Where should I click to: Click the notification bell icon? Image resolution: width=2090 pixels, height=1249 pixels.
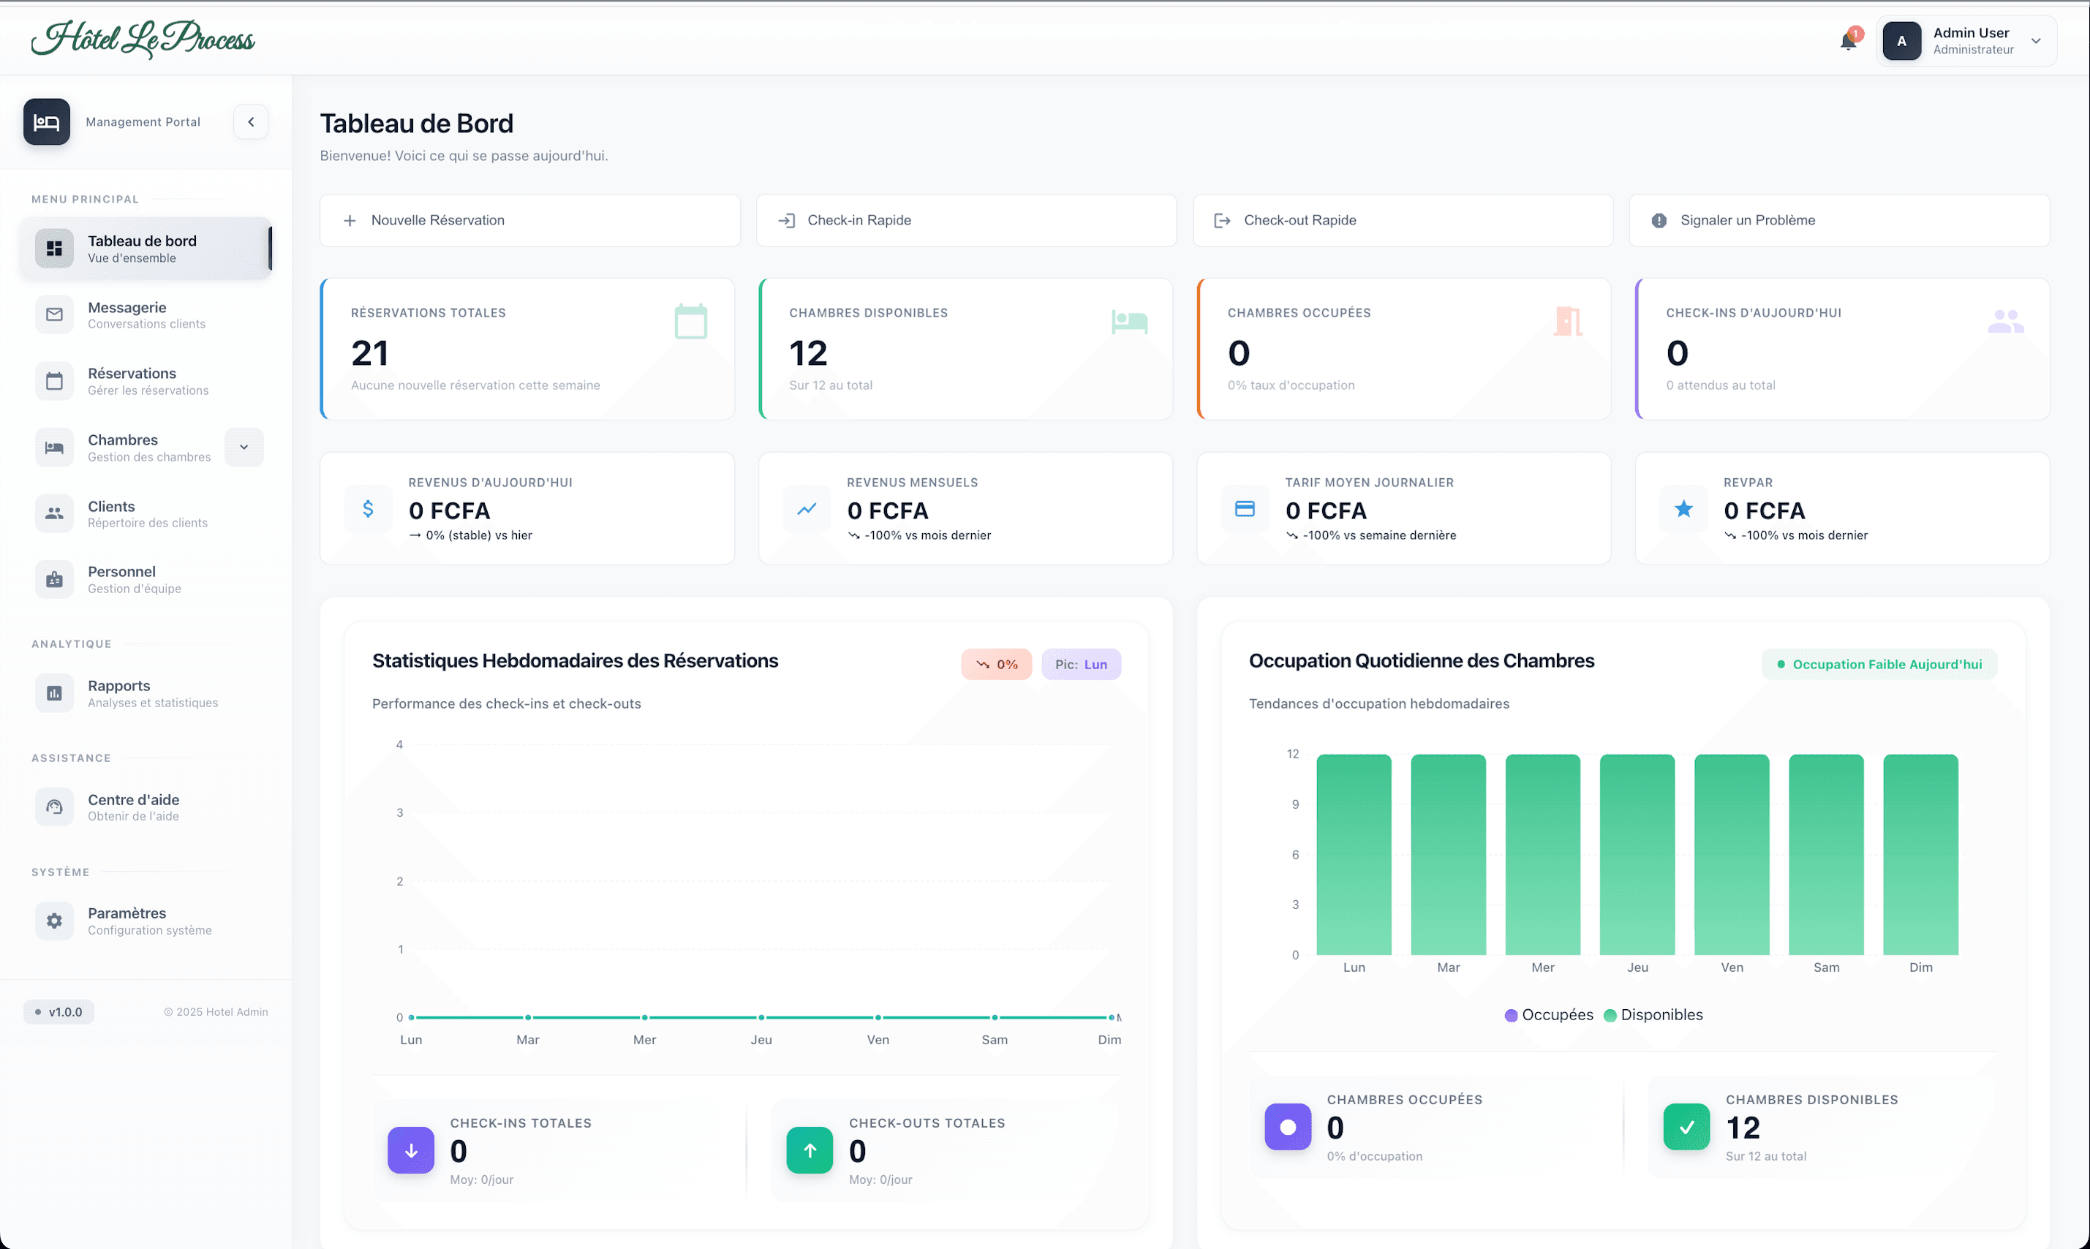click(x=1848, y=41)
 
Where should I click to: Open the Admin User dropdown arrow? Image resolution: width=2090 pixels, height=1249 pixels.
click(x=2035, y=41)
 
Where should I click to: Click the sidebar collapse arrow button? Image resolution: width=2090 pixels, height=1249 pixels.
click(x=251, y=122)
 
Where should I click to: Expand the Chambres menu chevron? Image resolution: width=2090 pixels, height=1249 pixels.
click(x=244, y=447)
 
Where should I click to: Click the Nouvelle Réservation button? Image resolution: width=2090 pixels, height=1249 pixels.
click(x=529, y=221)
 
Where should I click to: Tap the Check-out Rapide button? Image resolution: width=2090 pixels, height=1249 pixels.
click(x=1402, y=221)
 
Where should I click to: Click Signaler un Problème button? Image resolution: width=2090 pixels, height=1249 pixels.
click(x=1838, y=221)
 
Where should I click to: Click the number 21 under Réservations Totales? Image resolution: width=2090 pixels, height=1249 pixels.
click(x=369, y=353)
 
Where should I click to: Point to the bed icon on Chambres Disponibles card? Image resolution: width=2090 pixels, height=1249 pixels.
click(x=1129, y=322)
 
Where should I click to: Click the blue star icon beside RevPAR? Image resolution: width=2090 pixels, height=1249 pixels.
click(x=1683, y=508)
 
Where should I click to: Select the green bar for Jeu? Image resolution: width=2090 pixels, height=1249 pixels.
click(x=1637, y=854)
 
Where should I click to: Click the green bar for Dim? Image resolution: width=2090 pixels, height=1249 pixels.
click(x=1920, y=854)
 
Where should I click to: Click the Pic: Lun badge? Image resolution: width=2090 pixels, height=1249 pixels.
click(x=1080, y=664)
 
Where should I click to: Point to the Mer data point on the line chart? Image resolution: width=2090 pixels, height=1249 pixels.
click(x=644, y=1017)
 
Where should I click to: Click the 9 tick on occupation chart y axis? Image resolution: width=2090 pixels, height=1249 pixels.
click(x=1295, y=804)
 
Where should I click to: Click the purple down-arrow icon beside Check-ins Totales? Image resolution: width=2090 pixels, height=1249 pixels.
click(x=410, y=1150)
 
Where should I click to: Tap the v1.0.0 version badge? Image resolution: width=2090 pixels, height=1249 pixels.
click(x=59, y=1011)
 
